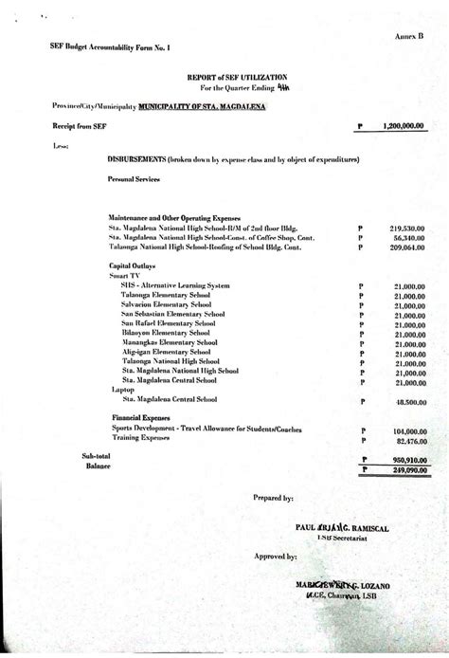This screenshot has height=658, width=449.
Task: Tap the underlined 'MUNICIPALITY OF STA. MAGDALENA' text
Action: tap(202, 107)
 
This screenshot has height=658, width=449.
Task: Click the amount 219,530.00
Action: tap(407, 228)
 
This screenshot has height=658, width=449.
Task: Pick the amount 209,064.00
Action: tap(407, 249)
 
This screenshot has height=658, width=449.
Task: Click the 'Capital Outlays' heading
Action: tap(133, 266)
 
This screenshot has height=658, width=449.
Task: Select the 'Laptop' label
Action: tap(121, 390)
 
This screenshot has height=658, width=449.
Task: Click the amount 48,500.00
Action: tap(409, 403)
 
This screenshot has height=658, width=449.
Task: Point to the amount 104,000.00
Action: tap(407, 430)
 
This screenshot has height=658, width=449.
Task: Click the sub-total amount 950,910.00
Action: tap(407, 457)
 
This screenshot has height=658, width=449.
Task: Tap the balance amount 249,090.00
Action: tap(407, 467)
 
